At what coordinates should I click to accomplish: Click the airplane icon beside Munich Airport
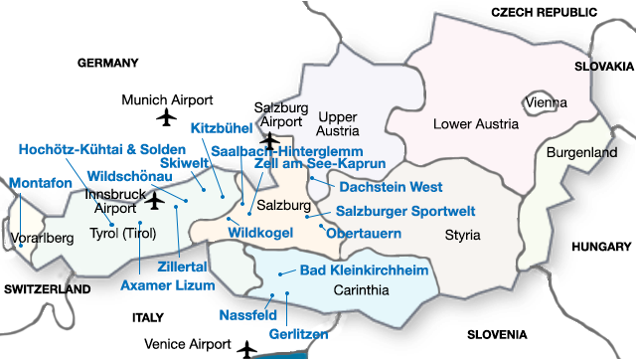pos(167,119)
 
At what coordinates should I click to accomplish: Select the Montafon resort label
pos(42,184)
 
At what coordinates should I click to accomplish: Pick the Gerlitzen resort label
pos(298,335)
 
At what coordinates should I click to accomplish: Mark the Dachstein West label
pos(391,186)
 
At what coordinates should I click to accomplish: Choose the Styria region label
pos(462,236)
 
